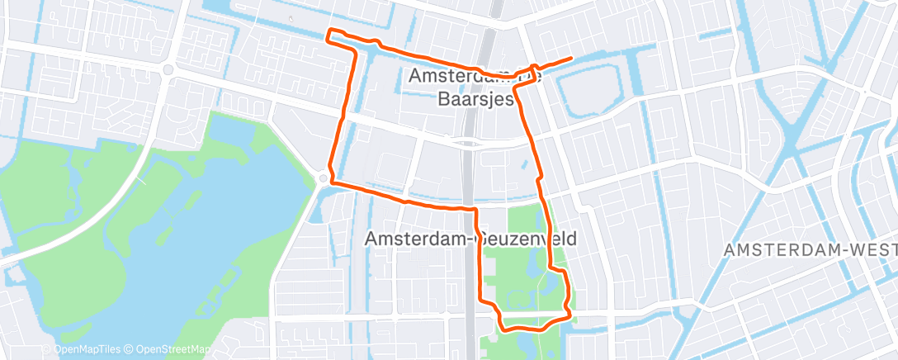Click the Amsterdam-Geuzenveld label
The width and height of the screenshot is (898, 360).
470,239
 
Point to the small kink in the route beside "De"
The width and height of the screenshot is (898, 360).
536,68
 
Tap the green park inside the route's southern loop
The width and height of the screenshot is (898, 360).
520,272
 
